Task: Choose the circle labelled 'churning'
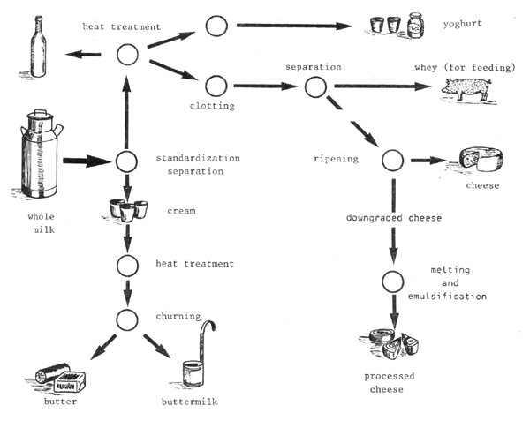(x=127, y=318)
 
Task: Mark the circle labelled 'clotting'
(x=216, y=86)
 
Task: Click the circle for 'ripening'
(x=391, y=161)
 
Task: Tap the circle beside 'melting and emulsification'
(x=392, y=282)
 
